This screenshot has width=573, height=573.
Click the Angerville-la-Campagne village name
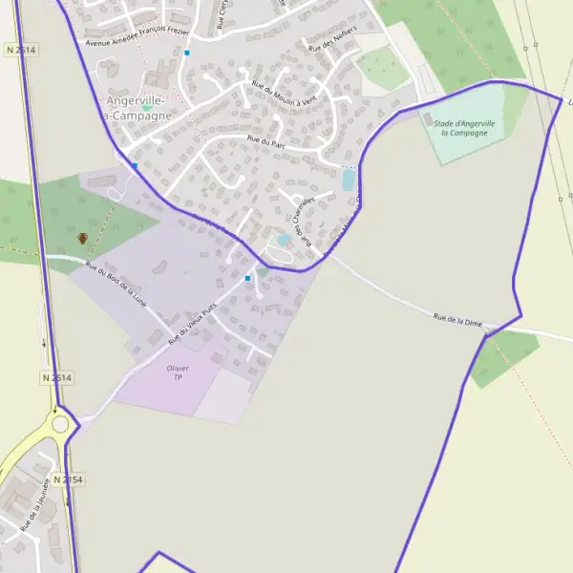pos(139,108)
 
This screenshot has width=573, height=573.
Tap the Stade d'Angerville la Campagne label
pos(464,128)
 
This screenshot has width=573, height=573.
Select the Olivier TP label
pos(178,372)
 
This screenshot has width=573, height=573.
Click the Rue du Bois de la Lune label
pos(117,284)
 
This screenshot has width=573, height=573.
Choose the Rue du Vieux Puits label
pos(191,324)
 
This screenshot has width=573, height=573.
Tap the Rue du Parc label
pos(266,140)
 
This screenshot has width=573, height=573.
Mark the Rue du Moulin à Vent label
pos(284,95)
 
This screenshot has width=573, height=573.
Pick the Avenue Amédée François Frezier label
pos(137,36)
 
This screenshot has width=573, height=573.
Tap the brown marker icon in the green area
pos(82,238)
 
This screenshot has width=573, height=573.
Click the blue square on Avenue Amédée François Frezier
pos(187,53)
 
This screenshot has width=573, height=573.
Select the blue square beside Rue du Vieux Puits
pos(248,278)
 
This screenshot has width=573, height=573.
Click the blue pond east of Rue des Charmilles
pos(349,180)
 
